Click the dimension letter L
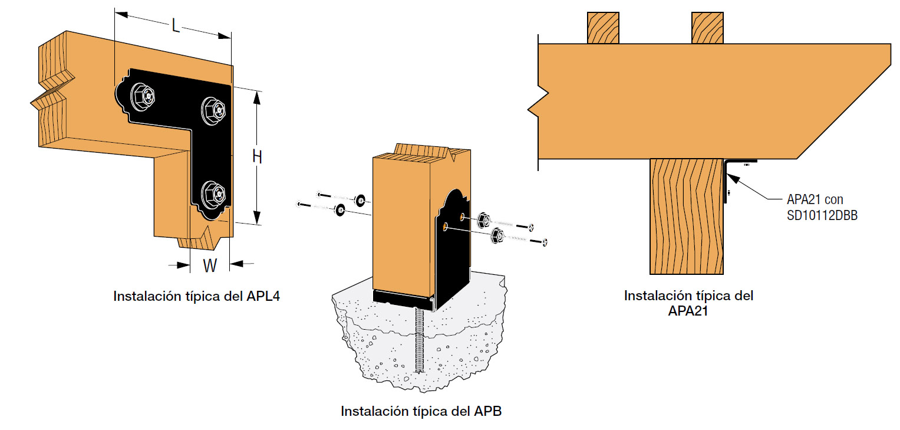175,25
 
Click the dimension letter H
257,157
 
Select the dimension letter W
209,265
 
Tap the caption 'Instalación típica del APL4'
196,296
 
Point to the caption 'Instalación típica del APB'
421,411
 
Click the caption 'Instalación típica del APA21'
688,303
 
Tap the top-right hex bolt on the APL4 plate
213,109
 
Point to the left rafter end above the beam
603,28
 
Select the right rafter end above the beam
707,28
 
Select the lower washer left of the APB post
340,210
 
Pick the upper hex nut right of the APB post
482,221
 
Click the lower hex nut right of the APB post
496,237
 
